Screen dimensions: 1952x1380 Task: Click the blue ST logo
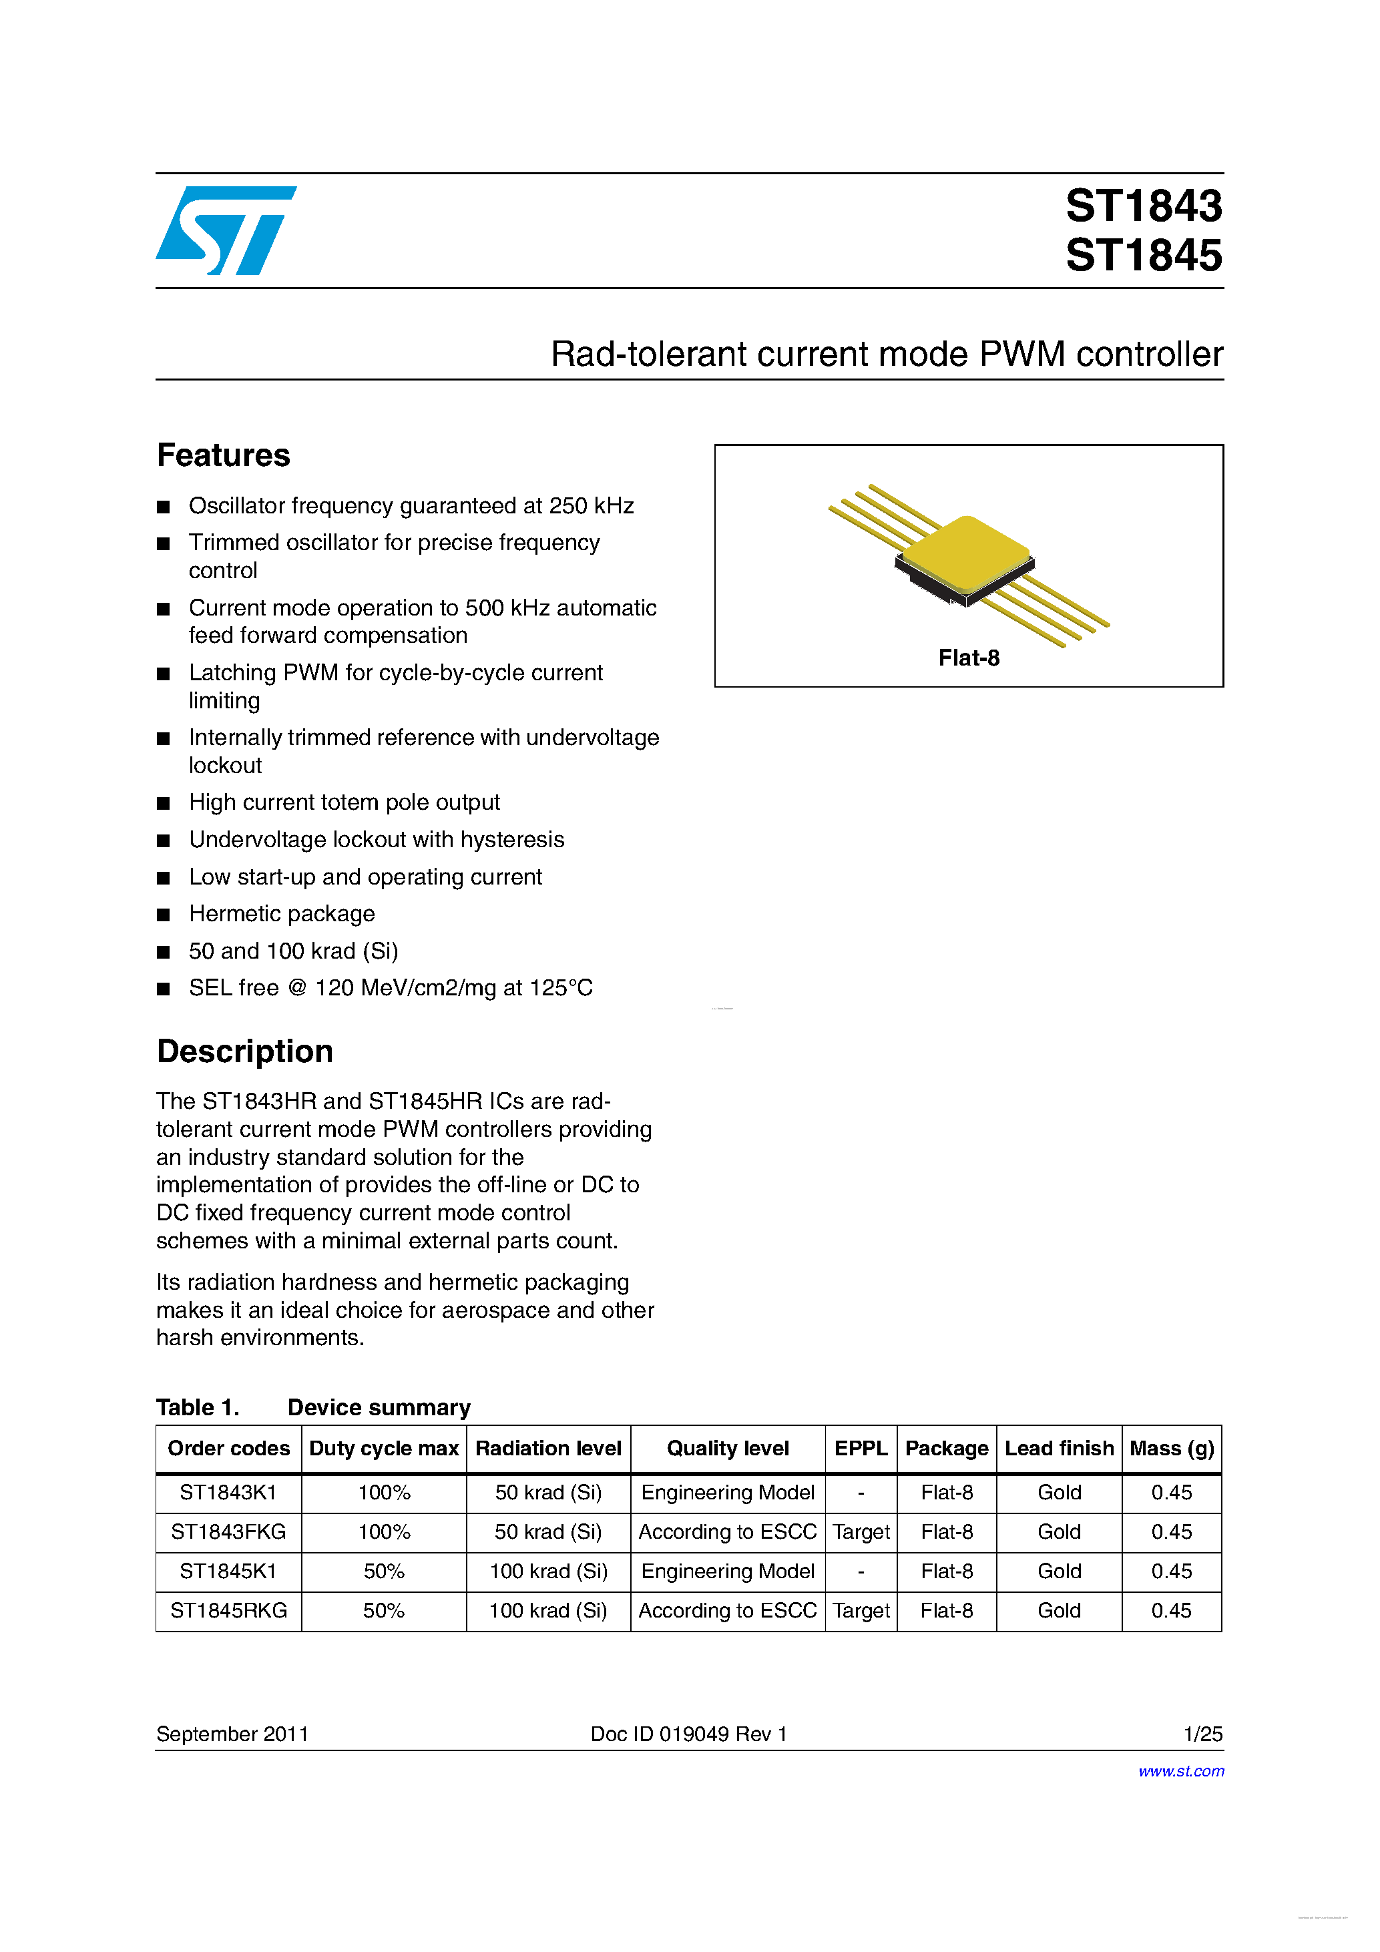coord(225,230)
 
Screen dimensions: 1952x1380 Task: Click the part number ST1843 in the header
coord(1144,206)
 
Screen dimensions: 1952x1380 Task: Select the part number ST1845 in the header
coord(1144,256)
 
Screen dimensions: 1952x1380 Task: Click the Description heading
coord(245,1051)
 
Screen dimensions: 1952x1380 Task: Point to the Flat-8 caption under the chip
coord(969,658)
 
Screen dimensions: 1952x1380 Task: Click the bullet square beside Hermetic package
coord(164,915)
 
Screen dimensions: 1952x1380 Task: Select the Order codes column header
coord(229,1449)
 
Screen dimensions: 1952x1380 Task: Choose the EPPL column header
coord(861,1449)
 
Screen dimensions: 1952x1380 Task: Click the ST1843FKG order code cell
coord(229,1532)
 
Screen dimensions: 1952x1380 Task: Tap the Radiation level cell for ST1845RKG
coord(548,1611)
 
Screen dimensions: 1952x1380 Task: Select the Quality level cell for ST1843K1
coord(728,1493)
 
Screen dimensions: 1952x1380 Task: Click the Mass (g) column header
coord(1172,1449)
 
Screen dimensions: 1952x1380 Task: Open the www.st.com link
coord(1181,1771)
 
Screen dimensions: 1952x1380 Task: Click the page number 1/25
coord(1202,1734)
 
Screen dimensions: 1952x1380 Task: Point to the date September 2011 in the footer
coord(232,1734)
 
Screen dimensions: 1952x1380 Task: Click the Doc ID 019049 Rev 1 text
coord(689,1734)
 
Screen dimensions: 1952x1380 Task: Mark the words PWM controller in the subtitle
coord(1101,354)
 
